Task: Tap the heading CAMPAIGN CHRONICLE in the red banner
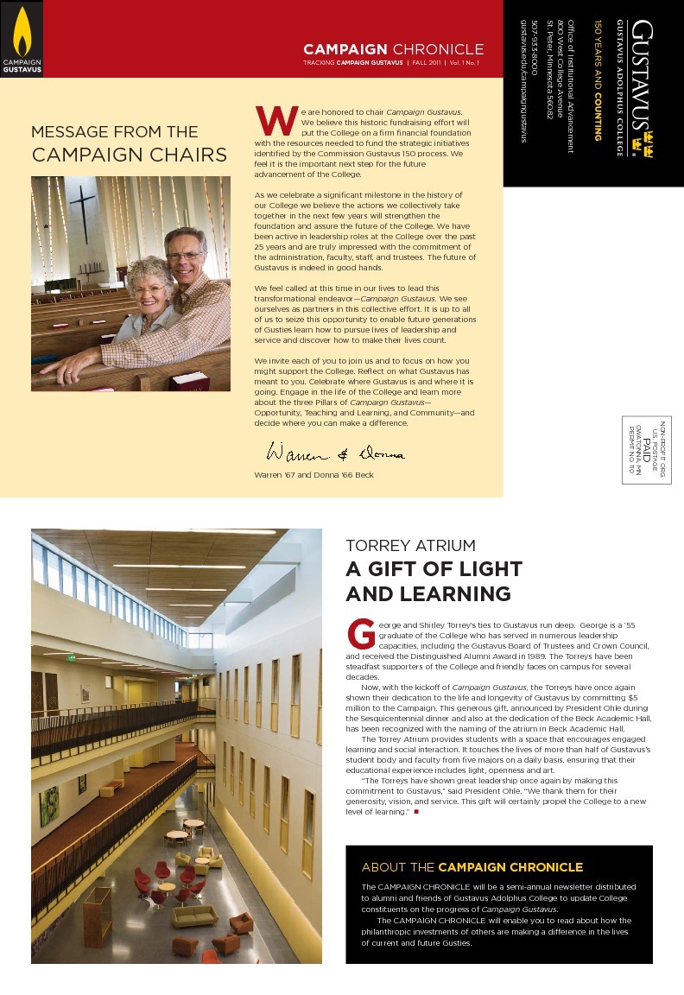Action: [393, 49]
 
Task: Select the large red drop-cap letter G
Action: [360, 633]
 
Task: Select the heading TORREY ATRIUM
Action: [410, 546]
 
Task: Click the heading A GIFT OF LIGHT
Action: [434, 569]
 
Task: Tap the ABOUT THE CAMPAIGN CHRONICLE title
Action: [472, 867]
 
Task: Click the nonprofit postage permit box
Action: [646, 449]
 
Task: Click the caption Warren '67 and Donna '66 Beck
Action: [313, 475]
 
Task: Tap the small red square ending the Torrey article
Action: [415, 812]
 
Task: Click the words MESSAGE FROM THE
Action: [114, 132]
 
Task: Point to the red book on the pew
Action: [189, 381]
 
